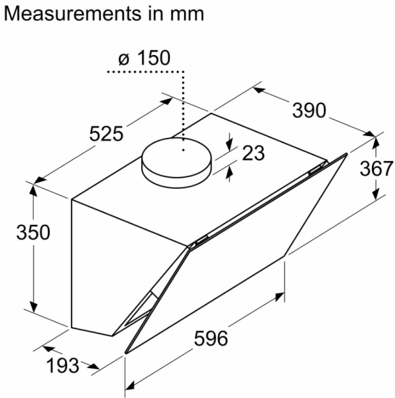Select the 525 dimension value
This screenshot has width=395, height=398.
pos(106,134)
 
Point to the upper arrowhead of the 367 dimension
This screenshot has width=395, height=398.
pos(376,141)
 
